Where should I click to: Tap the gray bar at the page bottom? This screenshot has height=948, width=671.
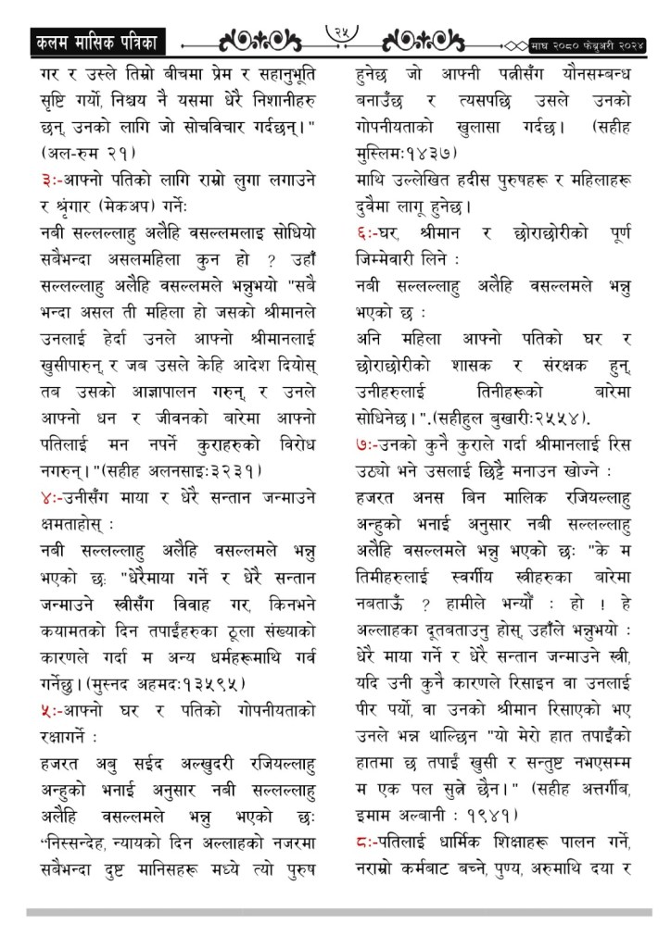click(335, 912)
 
